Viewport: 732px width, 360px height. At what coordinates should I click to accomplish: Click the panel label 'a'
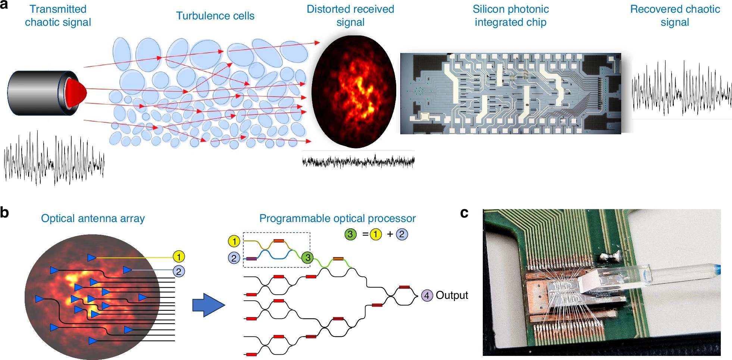[4, 5]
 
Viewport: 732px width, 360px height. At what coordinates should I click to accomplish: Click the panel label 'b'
[4, 213]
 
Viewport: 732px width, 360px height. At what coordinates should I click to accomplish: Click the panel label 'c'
[464, 213]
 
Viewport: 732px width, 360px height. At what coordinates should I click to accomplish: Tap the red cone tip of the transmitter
[76, 92]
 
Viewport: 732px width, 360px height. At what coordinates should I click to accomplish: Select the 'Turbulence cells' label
[215, 16]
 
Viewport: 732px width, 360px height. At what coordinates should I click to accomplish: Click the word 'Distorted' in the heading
[327, 9]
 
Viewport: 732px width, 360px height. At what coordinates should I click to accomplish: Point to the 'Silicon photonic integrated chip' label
[510, 16]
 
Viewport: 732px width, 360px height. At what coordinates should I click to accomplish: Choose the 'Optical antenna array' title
[93, 218]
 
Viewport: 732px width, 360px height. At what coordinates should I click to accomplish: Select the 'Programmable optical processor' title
[337, 218]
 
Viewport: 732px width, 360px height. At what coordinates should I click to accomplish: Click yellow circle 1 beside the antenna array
[179, 257]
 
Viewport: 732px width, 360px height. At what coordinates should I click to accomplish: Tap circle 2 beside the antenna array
[179, 271]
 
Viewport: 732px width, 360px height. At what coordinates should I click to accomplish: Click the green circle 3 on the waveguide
[307, 257]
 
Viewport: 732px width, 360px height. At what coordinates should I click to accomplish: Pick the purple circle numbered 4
[427, 295]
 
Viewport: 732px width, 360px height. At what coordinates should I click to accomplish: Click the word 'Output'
[452, 295]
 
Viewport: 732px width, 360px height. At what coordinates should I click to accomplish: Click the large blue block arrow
[208, 305]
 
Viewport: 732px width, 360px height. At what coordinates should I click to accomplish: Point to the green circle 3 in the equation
[350, 234]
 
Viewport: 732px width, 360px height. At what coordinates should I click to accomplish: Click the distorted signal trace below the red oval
[358, 162]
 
